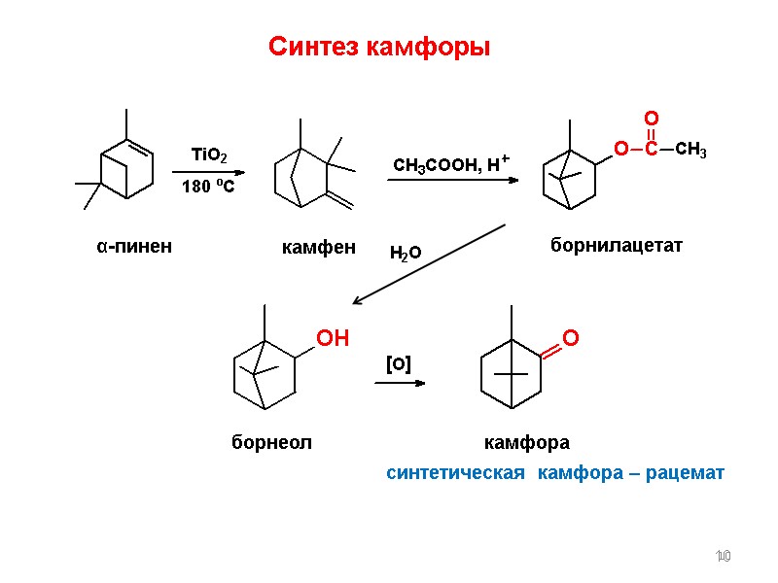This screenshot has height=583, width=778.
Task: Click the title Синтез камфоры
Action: (378, 48)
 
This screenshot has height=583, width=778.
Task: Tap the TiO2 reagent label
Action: (209, 155)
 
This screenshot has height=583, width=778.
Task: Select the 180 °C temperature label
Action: (208, 187)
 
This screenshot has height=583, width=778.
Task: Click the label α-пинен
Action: (133, 247)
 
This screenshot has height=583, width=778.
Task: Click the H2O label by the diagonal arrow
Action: (405, 254)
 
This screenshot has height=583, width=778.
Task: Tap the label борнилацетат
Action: (617, 247)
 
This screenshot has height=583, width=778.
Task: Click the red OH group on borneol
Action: (333, 338)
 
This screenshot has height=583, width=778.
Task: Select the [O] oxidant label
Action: (398, 364)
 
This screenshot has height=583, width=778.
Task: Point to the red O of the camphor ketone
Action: (571, 338)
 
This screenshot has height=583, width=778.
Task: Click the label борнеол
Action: (271, 443)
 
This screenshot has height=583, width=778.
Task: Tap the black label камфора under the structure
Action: (526, 443)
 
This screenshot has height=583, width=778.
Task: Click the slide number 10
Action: (722, 556)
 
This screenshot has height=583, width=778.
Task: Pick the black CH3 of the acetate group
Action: (690, 150)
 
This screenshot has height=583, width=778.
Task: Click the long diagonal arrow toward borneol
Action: (428, 264)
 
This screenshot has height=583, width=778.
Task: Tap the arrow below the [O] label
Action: (400, 383)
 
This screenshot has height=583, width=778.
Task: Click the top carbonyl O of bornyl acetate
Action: (651, 119)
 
